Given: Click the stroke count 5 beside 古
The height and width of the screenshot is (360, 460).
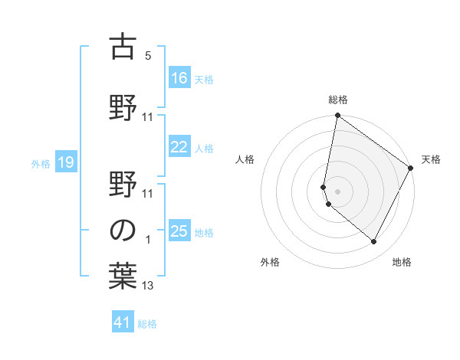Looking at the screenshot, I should [148, 56].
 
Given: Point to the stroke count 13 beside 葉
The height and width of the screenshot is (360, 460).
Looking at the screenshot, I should [148, 286].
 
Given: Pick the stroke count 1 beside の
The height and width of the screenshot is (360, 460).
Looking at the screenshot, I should [148, 240].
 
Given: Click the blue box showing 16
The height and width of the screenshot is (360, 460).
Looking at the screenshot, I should [179, 77].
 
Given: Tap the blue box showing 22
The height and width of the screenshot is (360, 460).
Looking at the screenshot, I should [179, 147].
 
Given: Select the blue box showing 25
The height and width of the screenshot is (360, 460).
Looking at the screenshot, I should [179, 231].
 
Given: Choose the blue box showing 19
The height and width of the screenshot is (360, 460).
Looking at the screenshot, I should [65, 162].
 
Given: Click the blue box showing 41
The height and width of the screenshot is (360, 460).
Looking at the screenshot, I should [123, 322].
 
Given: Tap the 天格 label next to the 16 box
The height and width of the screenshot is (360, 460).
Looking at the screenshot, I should [203, 79].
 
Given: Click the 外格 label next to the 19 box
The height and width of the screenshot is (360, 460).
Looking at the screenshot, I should [41, 163].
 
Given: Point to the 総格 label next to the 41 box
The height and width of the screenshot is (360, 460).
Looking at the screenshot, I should [147, 324].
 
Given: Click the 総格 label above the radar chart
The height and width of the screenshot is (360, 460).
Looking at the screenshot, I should [338, 100].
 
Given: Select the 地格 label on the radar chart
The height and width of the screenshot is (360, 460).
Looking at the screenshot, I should [402, 263].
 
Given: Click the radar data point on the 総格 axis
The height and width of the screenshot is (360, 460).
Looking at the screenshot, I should [337, 116].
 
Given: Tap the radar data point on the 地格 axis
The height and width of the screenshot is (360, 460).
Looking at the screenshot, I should [374, 242].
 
